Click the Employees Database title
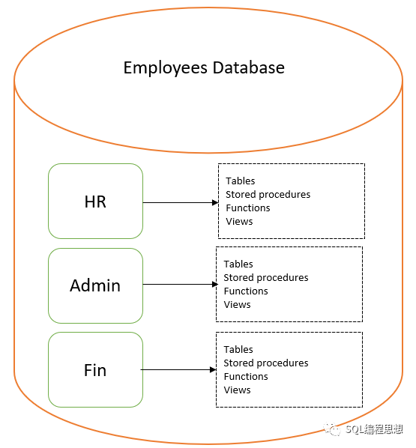(204, 68)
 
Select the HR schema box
(95, 202)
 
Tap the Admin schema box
(95, 285)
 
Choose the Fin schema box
(95, 370)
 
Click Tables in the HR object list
(241, 181)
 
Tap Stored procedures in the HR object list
(268, 194)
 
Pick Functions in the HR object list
(248, 208)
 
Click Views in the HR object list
(239, 221)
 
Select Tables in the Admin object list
(238, 264)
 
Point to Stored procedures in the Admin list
(265, 277)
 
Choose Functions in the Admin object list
(246, 291)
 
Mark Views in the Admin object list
(237, 304)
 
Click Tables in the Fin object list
(238, 349)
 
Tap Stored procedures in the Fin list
(265, 363)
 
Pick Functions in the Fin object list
(246, 376)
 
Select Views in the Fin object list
(237, 390)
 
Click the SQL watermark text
(373, 429)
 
